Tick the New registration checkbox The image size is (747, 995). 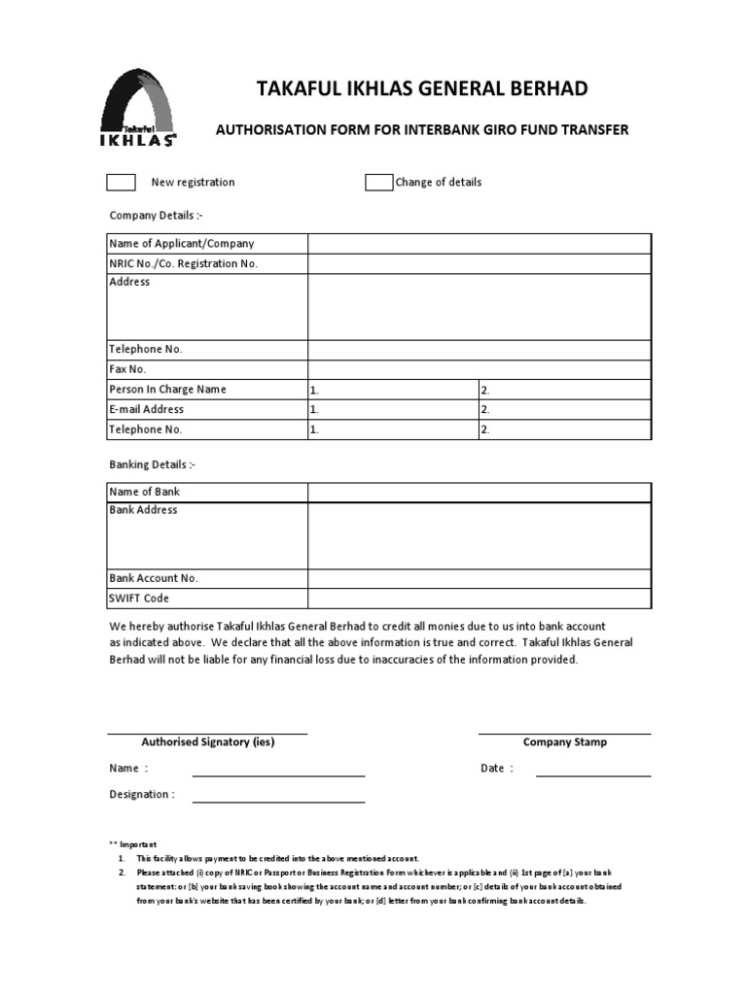tap(121, 183)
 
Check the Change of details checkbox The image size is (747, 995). tap(378, 183)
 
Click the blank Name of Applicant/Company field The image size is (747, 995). tap(479, 244)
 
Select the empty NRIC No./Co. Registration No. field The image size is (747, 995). tap(479, 264)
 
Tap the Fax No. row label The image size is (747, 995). tap(127, 369)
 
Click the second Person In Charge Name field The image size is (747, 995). tap(564, 390)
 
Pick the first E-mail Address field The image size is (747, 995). tap(393, 410)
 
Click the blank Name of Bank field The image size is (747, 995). tap(479, 493)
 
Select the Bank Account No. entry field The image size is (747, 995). tap(479, 578)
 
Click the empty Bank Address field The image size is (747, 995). tap(479, 535)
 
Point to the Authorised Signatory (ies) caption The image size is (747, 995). tap(208, 742)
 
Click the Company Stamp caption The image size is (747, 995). tap(565, 742)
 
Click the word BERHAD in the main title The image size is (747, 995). tap(548, 89)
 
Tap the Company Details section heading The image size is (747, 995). tap(156, 216)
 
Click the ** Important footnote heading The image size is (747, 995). tap(133, 844)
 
